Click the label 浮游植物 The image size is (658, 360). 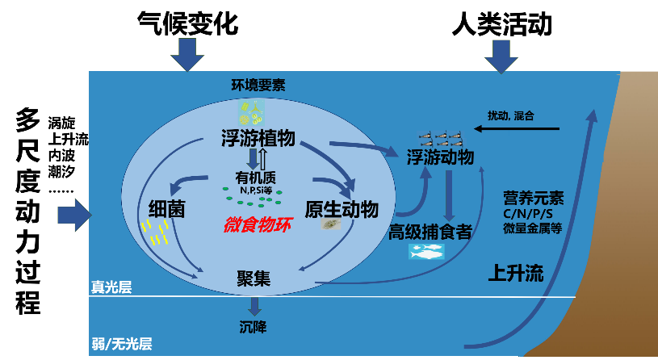[257, 138]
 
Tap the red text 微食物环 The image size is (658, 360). [257, 224]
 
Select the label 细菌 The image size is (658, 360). [167, 209]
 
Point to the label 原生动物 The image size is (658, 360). [342, 209]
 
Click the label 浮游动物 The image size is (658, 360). [440, 157]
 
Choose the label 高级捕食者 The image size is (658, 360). [430, 232]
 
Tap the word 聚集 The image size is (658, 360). [253, 278]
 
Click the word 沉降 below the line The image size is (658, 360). [253, 327]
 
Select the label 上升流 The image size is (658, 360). [516, 273]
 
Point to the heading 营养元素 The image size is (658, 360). [533, 198]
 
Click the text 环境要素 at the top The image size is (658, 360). [258, 85]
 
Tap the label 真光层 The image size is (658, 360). [111, 287]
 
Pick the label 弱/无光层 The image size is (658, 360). [121, 344]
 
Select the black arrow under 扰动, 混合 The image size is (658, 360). [516, 128]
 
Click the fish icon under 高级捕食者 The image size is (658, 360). [426, 252]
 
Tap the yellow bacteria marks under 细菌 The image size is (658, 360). [154, 232]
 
